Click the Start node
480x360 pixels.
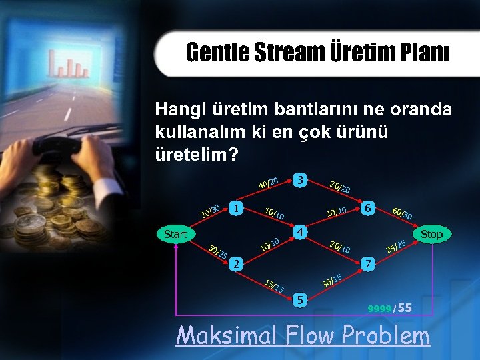point(175,234)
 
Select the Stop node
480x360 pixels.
point(431,234)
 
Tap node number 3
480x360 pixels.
point(301,181)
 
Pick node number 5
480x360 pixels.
point(301,301)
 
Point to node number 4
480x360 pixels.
point(301,233)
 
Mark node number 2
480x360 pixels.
point(235,265)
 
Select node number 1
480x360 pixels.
point(235,208)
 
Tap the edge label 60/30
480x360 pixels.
point(402,213)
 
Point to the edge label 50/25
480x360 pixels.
point(218,253)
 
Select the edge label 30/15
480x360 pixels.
point(332,281)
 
